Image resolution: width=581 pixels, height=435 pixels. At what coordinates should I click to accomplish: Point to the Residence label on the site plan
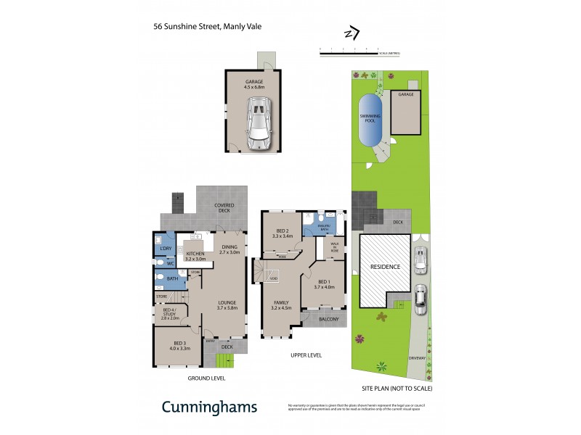386,267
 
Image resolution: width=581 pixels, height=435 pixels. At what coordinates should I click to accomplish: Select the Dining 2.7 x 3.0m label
229,249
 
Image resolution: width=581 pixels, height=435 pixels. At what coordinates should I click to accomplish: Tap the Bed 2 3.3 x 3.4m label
283,233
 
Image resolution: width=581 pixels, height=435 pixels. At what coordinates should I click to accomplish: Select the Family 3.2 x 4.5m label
281,304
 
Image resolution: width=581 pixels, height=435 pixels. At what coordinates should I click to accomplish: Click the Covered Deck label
224,207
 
